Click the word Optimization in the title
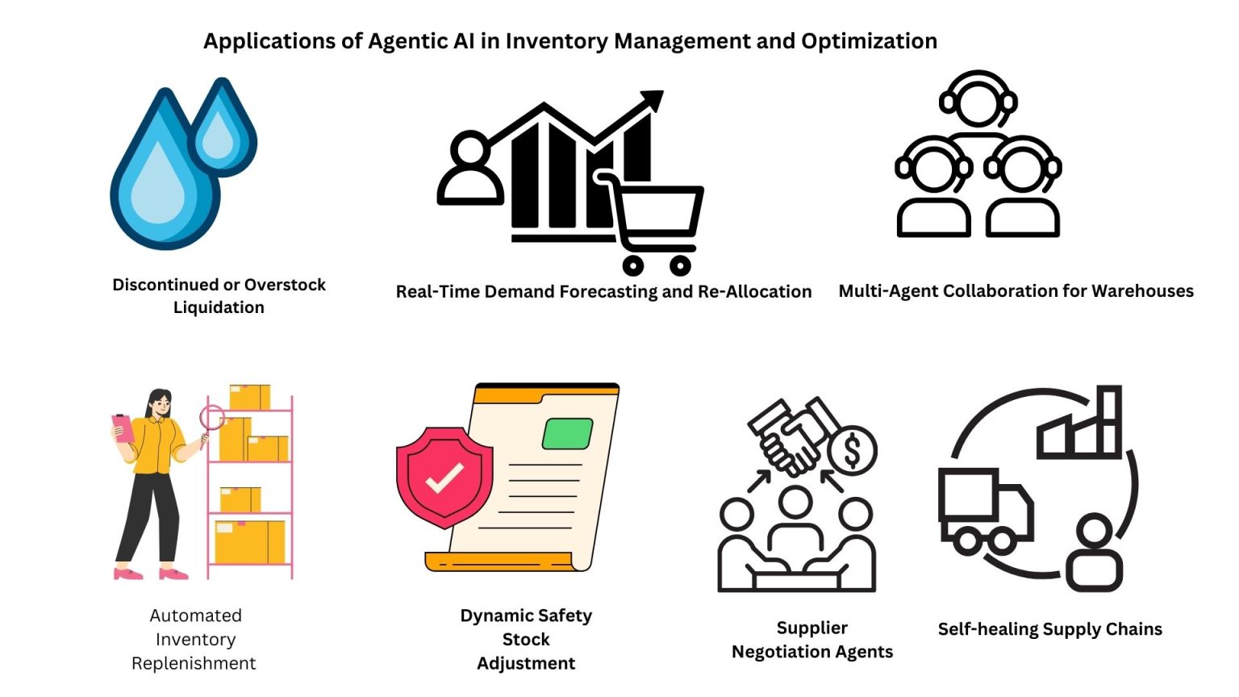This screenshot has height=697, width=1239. [x=869, y=41]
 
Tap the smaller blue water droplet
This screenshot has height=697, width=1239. [x=221, y=131]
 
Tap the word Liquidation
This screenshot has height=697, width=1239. [x=219, y=307]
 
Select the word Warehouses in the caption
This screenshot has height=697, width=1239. [x=1141, y=291]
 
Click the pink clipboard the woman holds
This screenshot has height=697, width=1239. [x=123, y=428]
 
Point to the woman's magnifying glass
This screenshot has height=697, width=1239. [x=211, y=418]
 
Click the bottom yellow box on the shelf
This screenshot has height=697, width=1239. [x=249, y=542]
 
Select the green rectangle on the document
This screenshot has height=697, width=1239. [x=567, y=433]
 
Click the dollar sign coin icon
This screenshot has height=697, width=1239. [x=852, y=452]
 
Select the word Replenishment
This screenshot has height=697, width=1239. [x=194, y=663]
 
